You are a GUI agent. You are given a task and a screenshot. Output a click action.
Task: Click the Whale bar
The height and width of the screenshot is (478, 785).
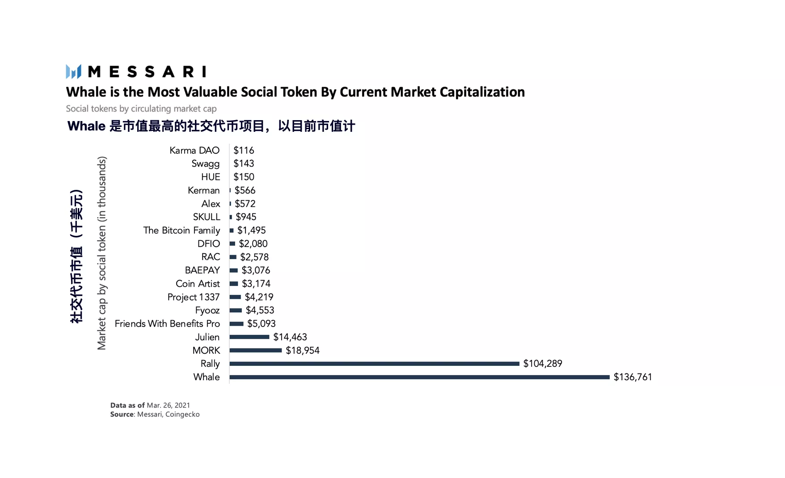coord(419,377)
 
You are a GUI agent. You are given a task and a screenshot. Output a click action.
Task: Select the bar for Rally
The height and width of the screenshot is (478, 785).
coord(374,364)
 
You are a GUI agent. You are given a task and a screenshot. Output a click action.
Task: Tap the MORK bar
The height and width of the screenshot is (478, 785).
coord(256,350)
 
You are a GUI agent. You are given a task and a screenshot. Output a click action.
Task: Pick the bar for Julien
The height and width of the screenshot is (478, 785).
coord(249,337)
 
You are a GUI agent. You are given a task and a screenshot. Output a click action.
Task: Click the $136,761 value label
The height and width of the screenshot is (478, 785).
coord(633,377)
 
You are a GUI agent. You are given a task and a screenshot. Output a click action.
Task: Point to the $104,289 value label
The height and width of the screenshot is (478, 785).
coord(542,364)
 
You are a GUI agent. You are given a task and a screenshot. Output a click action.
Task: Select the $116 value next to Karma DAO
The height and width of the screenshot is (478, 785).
coord(244,151)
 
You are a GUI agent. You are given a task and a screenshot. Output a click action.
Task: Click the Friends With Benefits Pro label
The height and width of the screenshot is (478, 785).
coord(167,323)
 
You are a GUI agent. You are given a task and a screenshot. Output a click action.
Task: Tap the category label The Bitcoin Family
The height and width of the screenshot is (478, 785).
coord(181,230)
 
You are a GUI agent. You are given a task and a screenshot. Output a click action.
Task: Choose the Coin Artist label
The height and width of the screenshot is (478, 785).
coord(198,284)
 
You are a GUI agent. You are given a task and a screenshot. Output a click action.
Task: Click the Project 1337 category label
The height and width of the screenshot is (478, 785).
coord(193,297)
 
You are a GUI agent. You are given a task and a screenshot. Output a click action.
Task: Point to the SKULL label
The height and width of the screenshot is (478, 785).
coord(207,217)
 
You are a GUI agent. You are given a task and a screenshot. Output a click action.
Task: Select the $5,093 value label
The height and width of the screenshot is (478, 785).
coord(261,323)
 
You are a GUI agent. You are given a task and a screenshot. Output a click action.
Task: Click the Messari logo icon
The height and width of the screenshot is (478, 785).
coord(73,71)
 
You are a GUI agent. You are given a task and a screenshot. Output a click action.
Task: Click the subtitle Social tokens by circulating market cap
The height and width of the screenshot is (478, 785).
coord(141,109)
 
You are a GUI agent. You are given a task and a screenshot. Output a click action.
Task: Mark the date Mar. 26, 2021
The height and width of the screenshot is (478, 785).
coord(168,405)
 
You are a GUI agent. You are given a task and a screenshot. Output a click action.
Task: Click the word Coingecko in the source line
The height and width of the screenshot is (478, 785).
coord(182,414)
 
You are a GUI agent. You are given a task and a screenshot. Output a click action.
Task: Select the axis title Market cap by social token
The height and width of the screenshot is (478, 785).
coord(102,253)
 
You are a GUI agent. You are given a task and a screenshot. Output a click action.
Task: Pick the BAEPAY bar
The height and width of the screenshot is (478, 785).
coord(234,270)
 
